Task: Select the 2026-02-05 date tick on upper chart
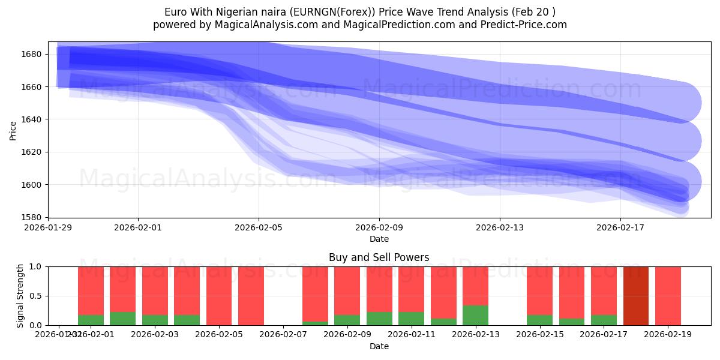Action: pyautogui.click(x=259, y=227)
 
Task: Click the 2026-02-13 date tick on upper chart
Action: pyautogui.click(x=500, y=227)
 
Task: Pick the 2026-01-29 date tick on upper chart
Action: pyautogui.click(x=49, y=227)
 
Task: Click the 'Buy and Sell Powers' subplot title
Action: pyautogui.click(x=379, y=257)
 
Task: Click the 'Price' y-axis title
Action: pyautogui.click(x=13, y=130)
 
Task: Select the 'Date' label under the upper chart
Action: pyautogui.click(x=379, y=239)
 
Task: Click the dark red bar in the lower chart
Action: pyautogui.click(x=636, y=296)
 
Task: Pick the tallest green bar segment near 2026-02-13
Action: pyautogui.click(x=475, y=315)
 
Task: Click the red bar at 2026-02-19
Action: pyautogui.click(x=668, y=296)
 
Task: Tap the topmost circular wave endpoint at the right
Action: pyautogui.click(x=681, y=103)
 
